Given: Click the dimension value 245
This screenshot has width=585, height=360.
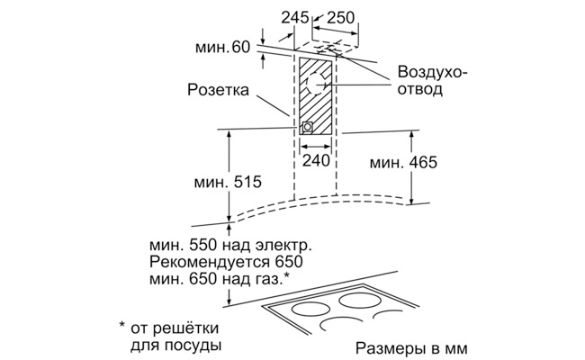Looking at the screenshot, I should coord(293,17).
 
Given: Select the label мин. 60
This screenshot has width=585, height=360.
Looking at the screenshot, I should coord(222,46).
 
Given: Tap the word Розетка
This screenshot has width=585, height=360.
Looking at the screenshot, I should coord(216,89).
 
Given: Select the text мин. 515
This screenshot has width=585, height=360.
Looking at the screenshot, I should coord(227,182).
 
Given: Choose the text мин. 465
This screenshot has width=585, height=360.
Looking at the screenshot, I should coord(401,163).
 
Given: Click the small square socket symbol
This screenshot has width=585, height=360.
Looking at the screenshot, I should coord(308,127).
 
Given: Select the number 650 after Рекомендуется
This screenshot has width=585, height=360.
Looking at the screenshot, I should coord(287,263).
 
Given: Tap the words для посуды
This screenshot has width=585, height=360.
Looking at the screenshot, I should coord(172,345).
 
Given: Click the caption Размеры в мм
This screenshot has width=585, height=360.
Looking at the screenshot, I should coord(411,347).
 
